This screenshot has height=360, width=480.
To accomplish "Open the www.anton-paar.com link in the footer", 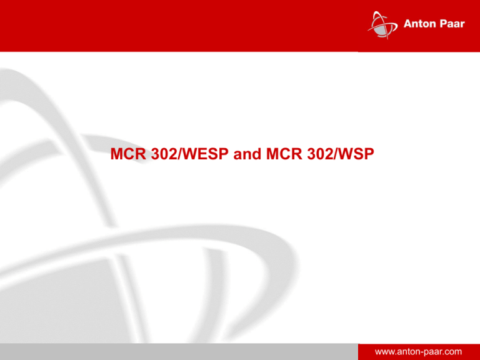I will [x=419, y=352].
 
